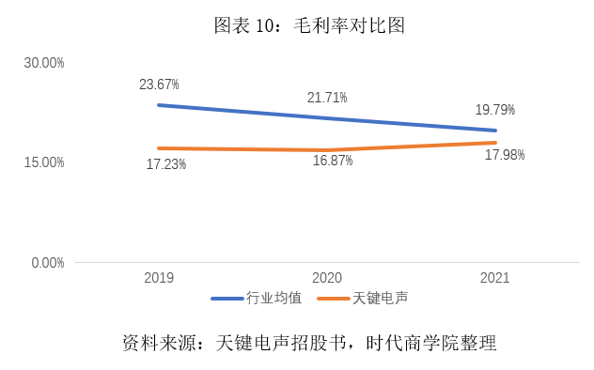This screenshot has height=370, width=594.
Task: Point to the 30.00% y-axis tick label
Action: pyautogui.click(x=44, y=63)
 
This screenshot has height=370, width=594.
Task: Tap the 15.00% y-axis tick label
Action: pyautogui.click(x=44, y=162)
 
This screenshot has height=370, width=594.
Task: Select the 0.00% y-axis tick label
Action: pyautogui.click(x=47, y=262)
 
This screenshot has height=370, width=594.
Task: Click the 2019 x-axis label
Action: pyautogui.click(x=159, y=278)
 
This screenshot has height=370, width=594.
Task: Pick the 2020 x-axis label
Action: pyautogui.click(x=327, y=278)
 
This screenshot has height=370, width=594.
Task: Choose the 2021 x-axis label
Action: pyautogui.click(x=494, y=278)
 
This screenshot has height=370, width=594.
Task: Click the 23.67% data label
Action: pyautogui.click(x=159, y=85)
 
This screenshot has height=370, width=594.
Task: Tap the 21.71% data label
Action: pyautogui.click(x=327, y=98)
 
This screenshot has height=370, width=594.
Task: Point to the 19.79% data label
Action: pyautogui.click(x=494, y=110)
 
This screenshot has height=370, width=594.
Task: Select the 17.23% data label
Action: pyautogui.click(x=165, y=164)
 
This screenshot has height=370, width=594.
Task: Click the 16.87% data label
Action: pyautogui.click(x=333, y=161)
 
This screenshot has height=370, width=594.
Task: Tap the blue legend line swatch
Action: pyautogui.click(x=228, y=299)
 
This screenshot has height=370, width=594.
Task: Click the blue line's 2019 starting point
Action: pyautogui.click(x=159, y=105)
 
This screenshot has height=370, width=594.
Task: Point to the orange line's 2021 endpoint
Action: pyautogui.click(x=494, y=143)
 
